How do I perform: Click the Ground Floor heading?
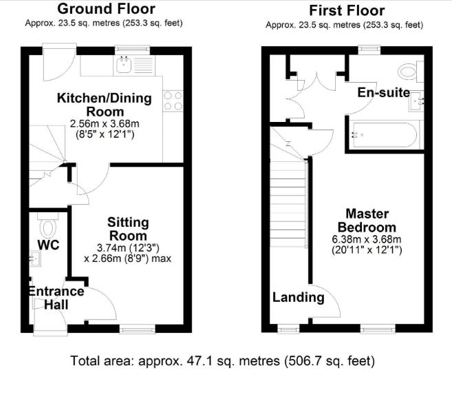(x=106, y=9)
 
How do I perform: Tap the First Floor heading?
(x=347, y=11)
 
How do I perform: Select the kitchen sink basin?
(x=124, y=65)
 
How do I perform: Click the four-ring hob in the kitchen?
(x=173, y=101)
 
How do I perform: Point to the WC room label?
(x=48, y=245)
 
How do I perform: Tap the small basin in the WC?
(x=35, y=258)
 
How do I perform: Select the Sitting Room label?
(x=128, y=229)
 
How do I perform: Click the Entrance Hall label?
(x=56, y=298)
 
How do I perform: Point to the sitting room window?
(x=137, y=329)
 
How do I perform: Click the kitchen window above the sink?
(x=132, y=50)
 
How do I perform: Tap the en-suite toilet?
(x=411, y=71)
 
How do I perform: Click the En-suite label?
(x=384, y=92)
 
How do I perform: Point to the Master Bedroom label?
(x=367, y=221)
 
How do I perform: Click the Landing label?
(x=299, y=298)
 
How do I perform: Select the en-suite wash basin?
(x=416, y=101)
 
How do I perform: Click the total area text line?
(x=222, y=361)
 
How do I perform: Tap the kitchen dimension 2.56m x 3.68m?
(x=105, y=124)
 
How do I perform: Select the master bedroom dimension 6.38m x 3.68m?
(x=367, y=239)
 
